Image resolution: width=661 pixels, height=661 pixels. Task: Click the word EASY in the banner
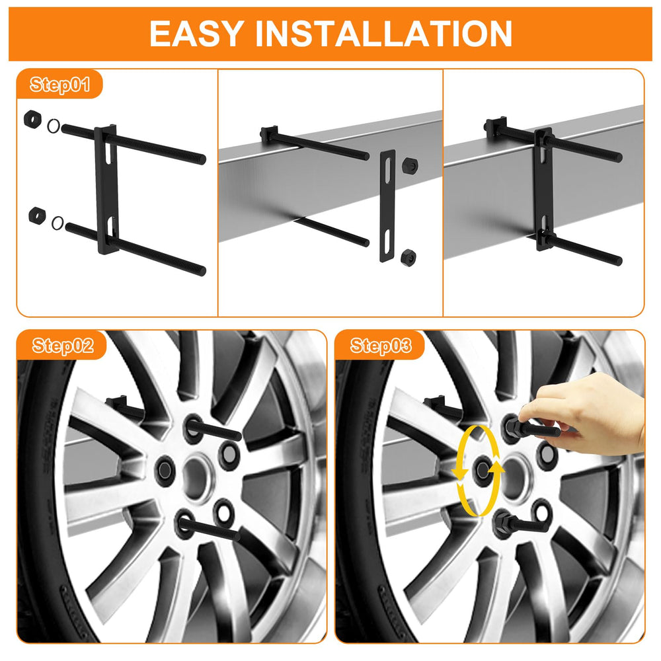[197, 34]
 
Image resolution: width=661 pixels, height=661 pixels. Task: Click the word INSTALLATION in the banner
[383, 34]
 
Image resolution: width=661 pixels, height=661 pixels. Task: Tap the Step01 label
[60, 85]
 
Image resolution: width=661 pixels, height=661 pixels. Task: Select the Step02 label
[63, 346]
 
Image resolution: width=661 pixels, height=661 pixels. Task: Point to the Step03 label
[381, 346]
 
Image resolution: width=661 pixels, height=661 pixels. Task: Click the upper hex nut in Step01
[32, 119]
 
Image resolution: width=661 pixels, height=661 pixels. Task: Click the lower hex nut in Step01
[37, 215]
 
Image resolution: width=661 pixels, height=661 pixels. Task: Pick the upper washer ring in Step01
[54, 126]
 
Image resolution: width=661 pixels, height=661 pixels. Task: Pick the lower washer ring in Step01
[58, 223]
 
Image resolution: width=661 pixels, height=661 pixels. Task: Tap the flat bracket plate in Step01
[106, 190]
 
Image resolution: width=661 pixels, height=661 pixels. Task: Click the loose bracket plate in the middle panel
[387, 206]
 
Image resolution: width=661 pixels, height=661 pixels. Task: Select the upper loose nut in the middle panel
[410, 165]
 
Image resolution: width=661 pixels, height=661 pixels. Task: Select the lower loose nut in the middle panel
[408, 256]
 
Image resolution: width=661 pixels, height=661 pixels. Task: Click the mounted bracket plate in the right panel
[544, 189]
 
